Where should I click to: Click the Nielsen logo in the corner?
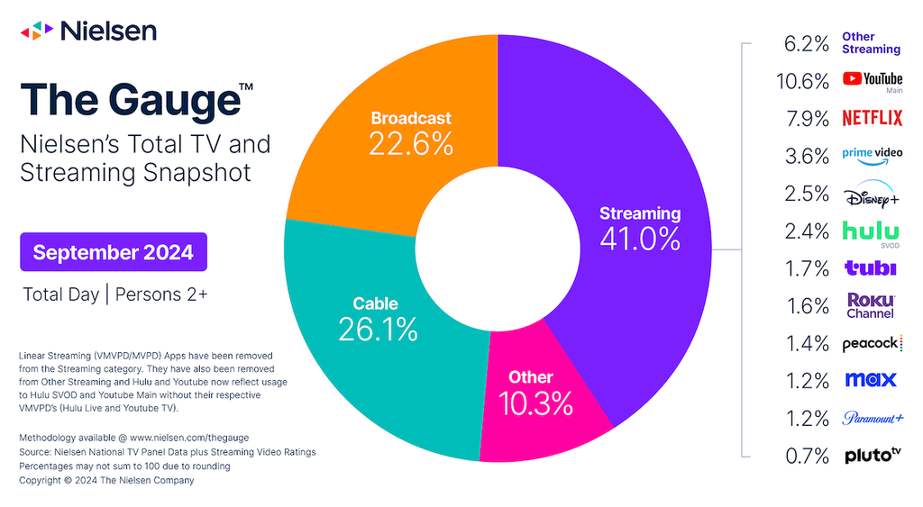click(88, 31)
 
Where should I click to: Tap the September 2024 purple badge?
click(114, 252)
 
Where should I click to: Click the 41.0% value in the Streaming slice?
click(640, 239)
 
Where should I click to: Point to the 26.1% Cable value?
click(378, 330)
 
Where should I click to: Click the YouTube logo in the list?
click(873, 80)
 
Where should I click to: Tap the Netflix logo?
click(872, 118)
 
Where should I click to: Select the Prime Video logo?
click(872, 156)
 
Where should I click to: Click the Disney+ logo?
click(872, 194)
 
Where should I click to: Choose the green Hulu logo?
click(872, 231)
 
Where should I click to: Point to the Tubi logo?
click(871, 268)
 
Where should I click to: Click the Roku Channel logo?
click(871, 306)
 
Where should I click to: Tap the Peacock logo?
click(873, 343)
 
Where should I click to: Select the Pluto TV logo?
click(873, 455)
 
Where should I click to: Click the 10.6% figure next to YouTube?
click(803, 81)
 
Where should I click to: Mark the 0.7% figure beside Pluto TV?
click(807, 456)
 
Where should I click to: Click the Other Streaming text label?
click(872, 43)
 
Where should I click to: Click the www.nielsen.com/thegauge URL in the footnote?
click(189, 438)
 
